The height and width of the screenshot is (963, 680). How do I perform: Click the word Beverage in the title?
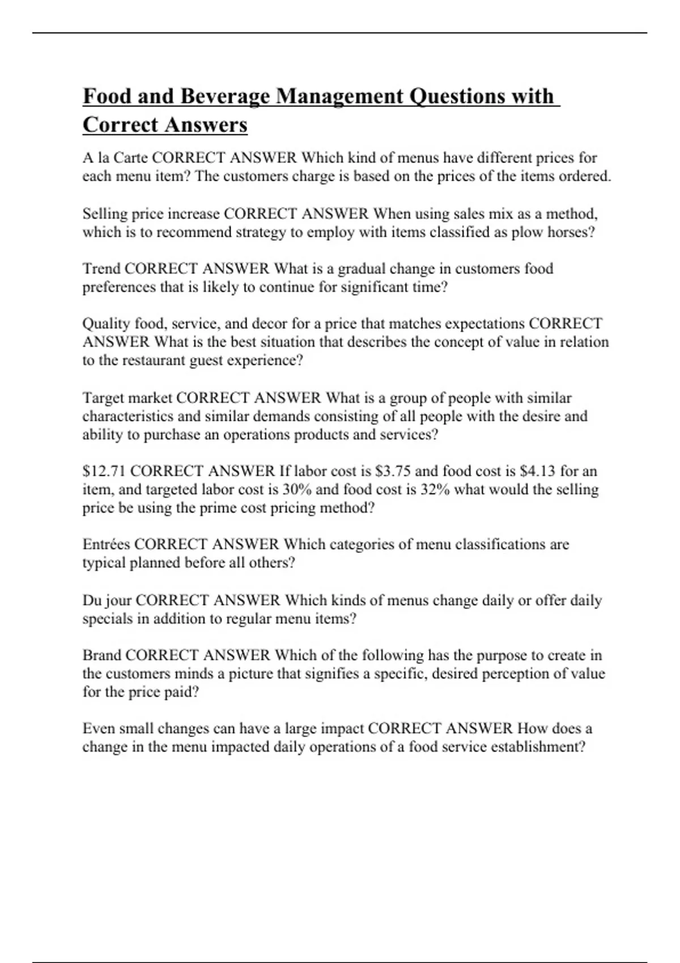pos(225,96)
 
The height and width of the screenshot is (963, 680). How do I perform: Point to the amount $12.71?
pos(104,471)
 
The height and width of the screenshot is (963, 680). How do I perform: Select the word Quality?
pos(106,324)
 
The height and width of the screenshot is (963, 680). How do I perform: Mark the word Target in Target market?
pos(103,398)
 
